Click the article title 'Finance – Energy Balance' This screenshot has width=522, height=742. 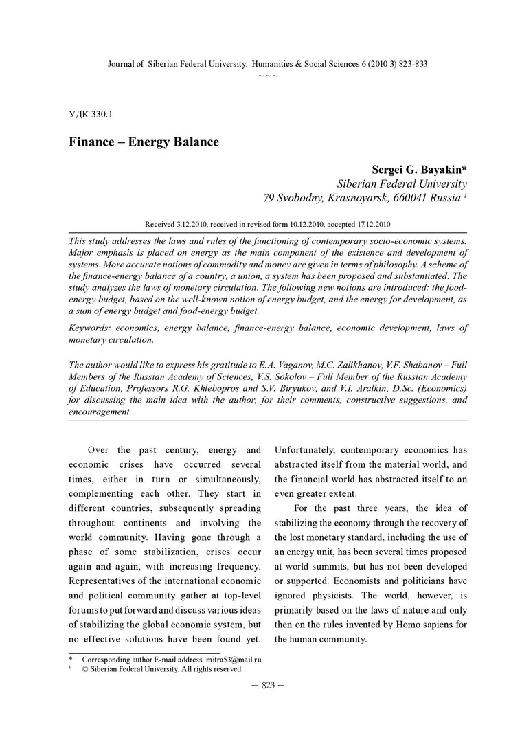(x=143, y=142)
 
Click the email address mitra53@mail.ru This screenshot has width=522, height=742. (x=234, y=659)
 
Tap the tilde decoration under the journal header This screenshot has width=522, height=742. (x=268, y=75)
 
